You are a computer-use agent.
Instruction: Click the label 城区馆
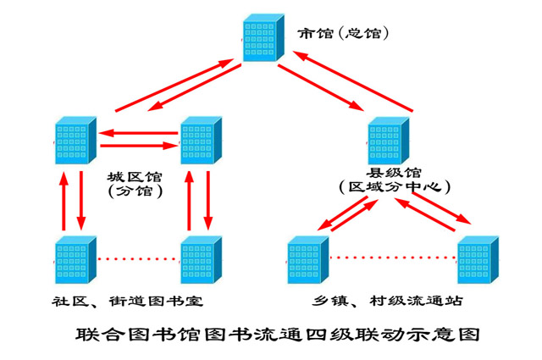[135, 178]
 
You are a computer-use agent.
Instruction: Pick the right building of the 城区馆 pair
[200, 141]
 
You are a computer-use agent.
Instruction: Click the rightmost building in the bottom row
[477, 258]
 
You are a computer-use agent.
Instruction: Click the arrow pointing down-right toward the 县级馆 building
[318, 91]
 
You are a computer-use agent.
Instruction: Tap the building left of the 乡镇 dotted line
[307, 258]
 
